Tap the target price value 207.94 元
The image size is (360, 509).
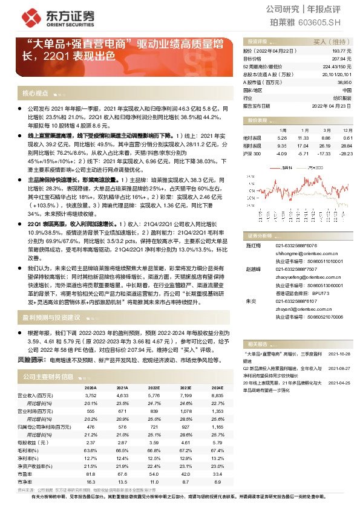coord(342,59)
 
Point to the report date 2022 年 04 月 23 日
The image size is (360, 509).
coord(331,105)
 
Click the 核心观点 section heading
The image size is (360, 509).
coord(35,94)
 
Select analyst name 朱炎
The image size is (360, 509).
coord(249,284)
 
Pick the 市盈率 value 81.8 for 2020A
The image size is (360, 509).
coord(91,474)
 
